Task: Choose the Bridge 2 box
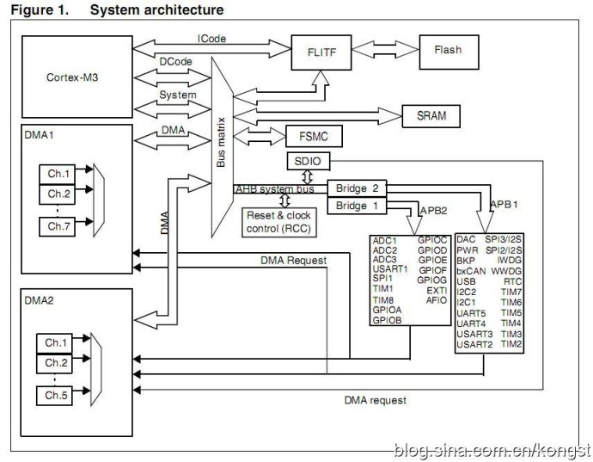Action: point(357,188)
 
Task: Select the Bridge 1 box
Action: point(357,206)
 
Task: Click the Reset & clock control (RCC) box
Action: point(279,222)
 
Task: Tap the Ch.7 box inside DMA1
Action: point(58,226)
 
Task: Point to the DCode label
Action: point(175,62)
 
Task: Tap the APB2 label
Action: point(432,210)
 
